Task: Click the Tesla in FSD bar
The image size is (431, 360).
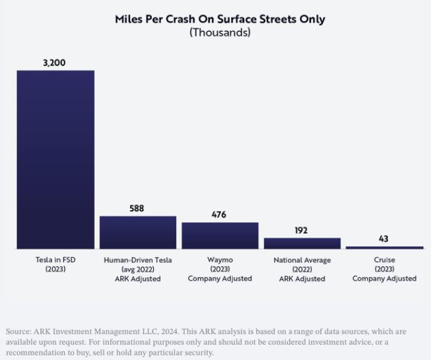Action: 55,159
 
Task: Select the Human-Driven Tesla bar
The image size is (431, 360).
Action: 138,233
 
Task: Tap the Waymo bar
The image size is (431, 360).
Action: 220,236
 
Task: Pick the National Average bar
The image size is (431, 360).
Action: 302,243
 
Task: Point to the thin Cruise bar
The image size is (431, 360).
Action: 385,248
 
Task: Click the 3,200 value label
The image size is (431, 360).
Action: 54,63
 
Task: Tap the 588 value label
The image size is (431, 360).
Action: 137,209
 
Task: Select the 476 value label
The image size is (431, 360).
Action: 218,215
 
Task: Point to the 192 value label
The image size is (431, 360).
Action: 301,231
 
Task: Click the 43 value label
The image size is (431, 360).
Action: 383,238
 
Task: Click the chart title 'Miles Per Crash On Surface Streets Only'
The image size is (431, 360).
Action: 220,19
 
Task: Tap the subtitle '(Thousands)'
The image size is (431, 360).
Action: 220,32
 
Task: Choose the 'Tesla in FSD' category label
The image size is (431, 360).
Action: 55,260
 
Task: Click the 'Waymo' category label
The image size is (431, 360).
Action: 220,260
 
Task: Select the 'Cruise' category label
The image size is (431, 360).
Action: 384,260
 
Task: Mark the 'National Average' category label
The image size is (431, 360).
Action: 302,260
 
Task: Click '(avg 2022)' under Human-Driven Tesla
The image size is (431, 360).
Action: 138,270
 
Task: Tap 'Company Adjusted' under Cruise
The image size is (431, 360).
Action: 384,279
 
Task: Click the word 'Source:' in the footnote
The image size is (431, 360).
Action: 18,332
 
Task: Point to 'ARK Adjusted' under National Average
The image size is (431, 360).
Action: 302,279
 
